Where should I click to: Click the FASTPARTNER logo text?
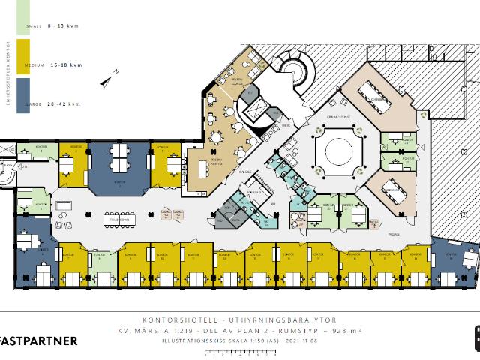click(x=38, y=341)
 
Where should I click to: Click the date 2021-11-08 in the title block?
click(x=284, y=338)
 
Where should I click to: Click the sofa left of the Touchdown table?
click(x=63, y=223)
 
